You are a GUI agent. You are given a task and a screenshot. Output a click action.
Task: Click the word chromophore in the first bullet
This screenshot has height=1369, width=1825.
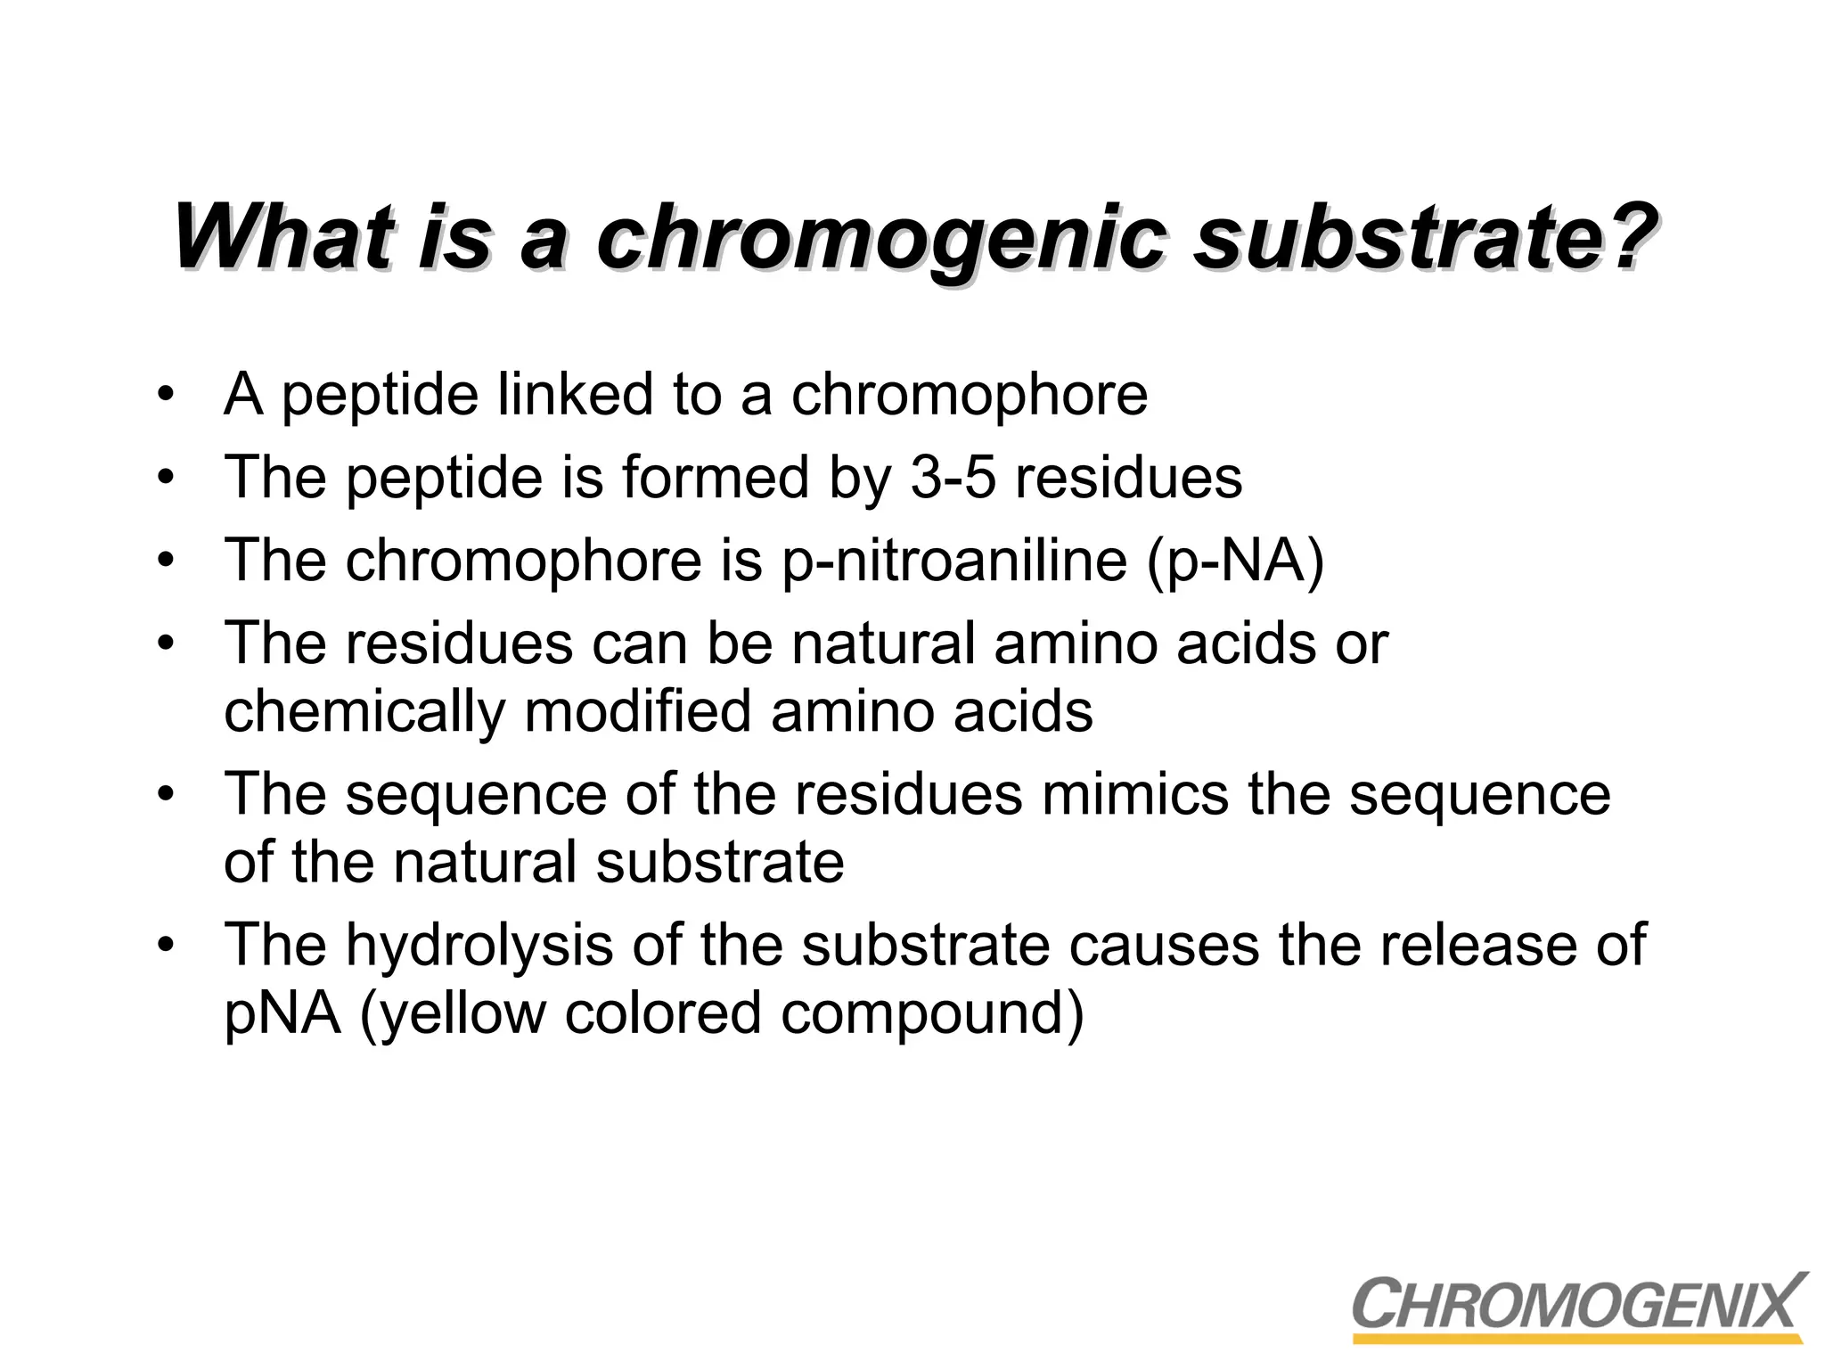click(969, 396)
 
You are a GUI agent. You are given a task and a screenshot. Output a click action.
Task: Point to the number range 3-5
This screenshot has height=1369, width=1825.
click(953, 478)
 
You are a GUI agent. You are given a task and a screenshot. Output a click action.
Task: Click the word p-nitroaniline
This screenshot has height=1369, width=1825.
click(954, 561)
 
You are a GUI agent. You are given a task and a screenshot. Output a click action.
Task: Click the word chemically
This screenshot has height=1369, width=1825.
click(364, 712)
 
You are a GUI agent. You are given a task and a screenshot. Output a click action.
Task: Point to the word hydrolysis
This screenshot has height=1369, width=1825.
click(479, 946)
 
